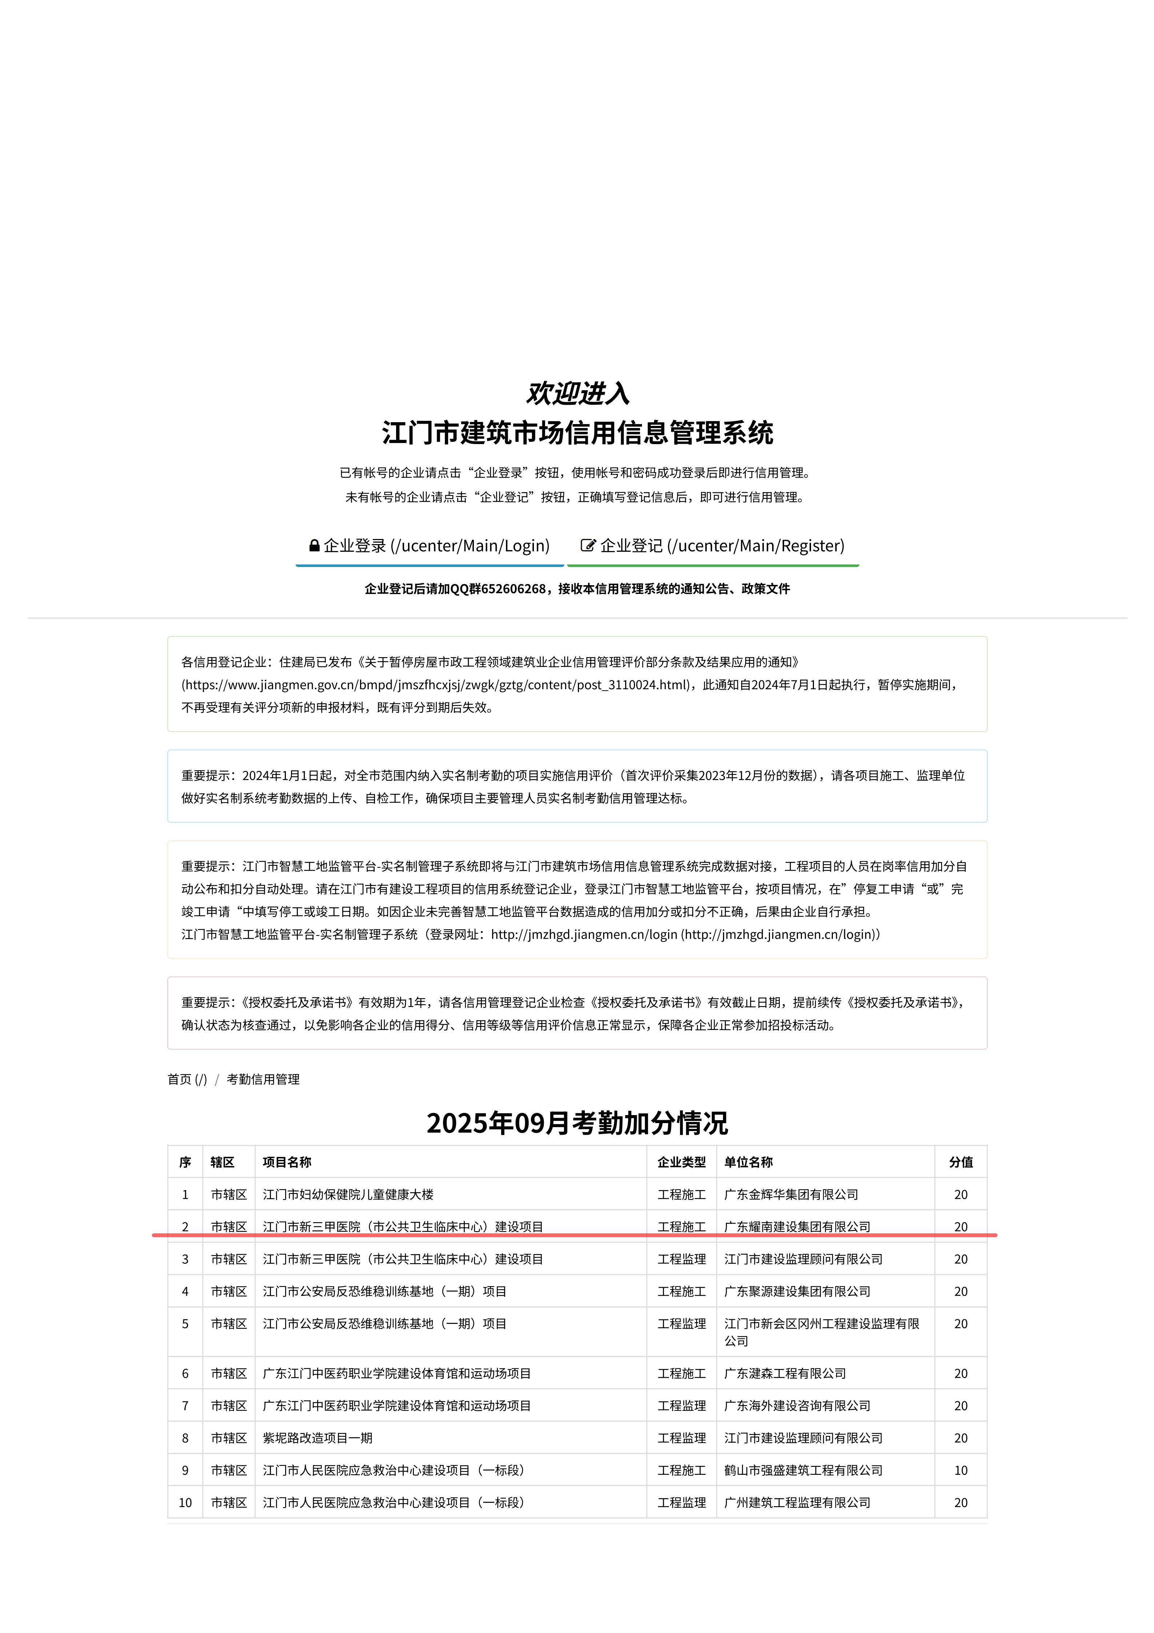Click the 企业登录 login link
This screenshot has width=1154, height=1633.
pyautogui.click(x=436, y=546)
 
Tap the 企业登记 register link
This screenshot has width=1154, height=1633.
pyautogui.click(x=722, y=546)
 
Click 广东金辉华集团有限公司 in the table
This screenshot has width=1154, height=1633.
pyautogui.click(x=791, y=1194)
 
